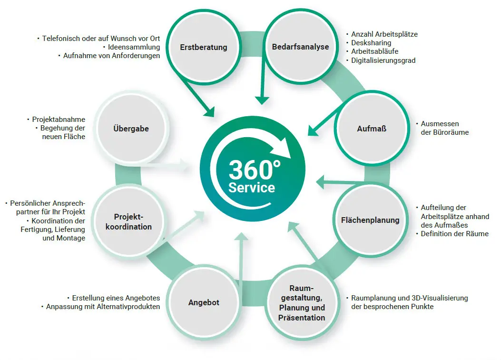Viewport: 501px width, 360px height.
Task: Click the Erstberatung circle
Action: coord(203,47)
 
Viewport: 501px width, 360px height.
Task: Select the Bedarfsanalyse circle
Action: coord(300,47)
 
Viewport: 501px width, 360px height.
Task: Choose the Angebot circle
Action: coord(204,302)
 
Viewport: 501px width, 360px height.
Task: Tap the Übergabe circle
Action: coord(131,129)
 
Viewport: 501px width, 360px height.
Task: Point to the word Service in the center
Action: coord(252,187)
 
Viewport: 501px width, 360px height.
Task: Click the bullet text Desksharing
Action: coord(371,43)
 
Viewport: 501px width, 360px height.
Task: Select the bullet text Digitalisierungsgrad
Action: coord(383,60)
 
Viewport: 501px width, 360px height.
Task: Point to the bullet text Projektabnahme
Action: coord(59,119)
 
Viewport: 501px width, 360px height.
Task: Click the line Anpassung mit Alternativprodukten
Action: coord(103,307)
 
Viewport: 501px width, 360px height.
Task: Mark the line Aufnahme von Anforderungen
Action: coord(111,56)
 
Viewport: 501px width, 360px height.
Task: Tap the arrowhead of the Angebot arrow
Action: coord(242,237)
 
